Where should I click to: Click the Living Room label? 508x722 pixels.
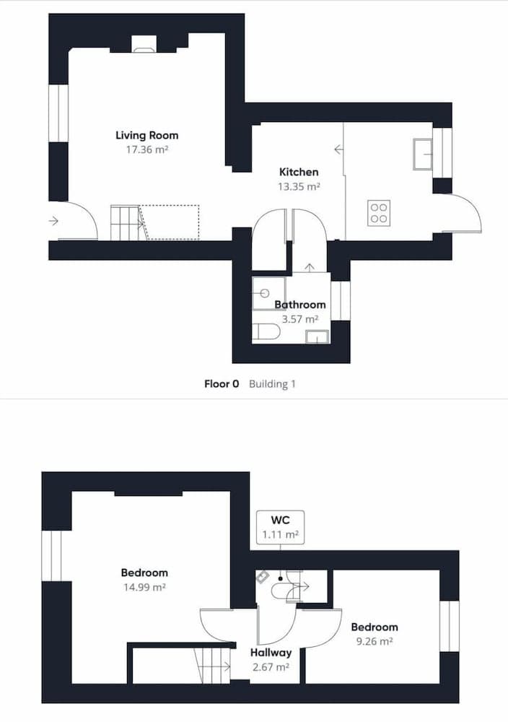[x=146, y=135]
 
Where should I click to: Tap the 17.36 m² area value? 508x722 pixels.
[x=146, y=149]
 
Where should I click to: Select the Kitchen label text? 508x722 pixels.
[x=299, y=172]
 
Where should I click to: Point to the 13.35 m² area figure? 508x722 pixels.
[x=299, y=186]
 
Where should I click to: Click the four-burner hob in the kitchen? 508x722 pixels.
[x=379, y=212]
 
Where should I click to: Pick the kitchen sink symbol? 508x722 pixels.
[x=422, y=154]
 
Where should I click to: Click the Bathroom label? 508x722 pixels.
[x=299, y=305]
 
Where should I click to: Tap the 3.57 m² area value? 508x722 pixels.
[x=299, y=318]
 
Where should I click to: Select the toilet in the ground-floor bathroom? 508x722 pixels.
[x=266, y=332]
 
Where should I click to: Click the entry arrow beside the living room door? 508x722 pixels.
[x=54, y=221]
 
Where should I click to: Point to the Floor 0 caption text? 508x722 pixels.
[x=222, y=384]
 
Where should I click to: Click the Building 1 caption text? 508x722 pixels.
[x=273, y=384]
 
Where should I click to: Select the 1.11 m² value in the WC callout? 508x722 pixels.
[x=281, y=535]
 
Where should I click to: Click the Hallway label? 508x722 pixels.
[x=271, y=653]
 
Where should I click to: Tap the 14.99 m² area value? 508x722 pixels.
[x=144, y=587]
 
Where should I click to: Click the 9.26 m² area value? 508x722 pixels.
[x=374, y=640]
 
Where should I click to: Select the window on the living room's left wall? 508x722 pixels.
[x=58, y=113]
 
